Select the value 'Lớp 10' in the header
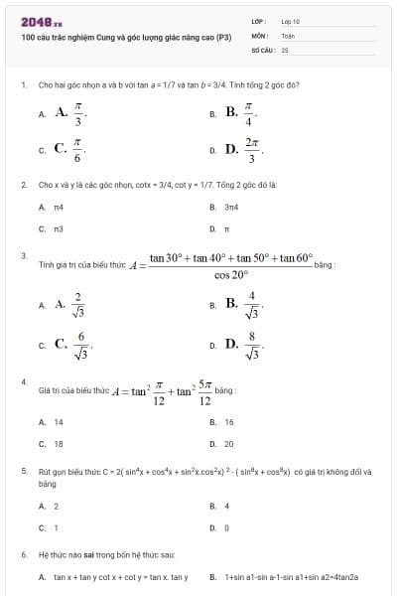291,21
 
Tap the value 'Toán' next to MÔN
288,34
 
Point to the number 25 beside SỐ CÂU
285,48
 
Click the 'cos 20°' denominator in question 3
230,275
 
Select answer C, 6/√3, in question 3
70,345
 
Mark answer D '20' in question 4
229,443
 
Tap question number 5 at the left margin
23,472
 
